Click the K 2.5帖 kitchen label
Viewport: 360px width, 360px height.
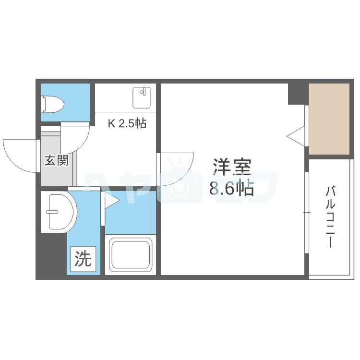coord(127,123)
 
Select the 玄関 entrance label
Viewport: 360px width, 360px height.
coord(56,160)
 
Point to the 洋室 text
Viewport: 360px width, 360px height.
coord(232,168)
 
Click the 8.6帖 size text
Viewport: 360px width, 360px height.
coord(231,189)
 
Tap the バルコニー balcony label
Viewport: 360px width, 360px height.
coord(330,217)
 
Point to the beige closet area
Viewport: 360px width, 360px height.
coord(329,119)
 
